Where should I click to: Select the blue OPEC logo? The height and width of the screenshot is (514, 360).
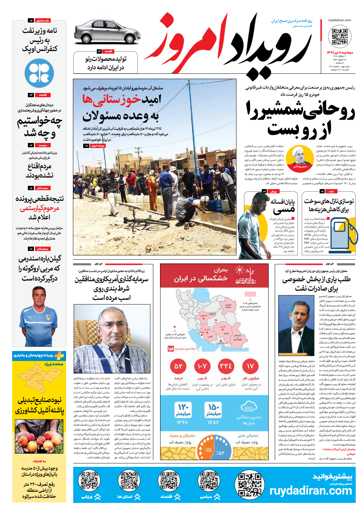[39, 73]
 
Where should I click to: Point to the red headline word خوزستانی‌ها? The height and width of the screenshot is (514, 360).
[112, 99]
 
